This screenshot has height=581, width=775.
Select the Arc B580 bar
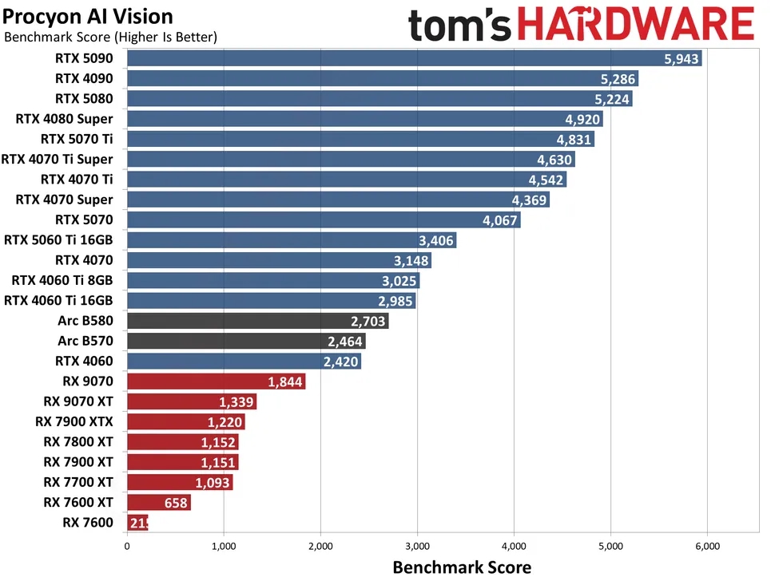click(257, 321)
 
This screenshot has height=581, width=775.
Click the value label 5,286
click(617, 79)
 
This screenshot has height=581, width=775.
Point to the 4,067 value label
click(500, 220)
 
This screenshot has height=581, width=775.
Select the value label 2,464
click(345, 342)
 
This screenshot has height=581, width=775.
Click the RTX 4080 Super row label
click(64, 119)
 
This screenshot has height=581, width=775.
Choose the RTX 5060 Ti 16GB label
click(58, 239)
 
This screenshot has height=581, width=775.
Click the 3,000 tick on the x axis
click(417, 547)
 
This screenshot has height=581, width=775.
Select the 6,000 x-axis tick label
click(708, 547)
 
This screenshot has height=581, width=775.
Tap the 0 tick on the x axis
click(127, 547)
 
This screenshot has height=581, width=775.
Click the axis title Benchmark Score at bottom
click(462, 567)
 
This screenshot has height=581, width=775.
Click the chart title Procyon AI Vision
click(88, 16)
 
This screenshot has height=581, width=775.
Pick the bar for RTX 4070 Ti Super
click(350, 160)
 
